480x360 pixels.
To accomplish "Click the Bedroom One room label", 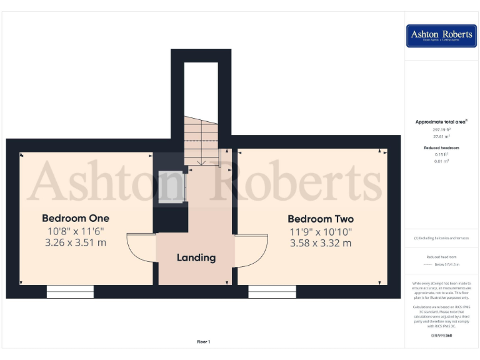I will click(x=76, y=218).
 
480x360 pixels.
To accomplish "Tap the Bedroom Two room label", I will click(x=321, y=219).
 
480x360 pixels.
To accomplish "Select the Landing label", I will click(x=196, y=257).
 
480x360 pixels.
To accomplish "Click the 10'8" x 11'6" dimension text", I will click(x=76, y=231).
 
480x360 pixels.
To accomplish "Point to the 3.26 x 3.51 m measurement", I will click(x=76, y=242).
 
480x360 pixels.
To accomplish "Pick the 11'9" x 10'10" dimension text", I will click(x=321, y=231).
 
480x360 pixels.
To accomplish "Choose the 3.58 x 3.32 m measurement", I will click(x=321, y=243).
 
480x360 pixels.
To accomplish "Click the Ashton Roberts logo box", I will click(x=441, y=36).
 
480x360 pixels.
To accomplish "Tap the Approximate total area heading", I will click(x=441, y=122).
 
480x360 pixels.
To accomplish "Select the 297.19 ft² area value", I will click(x=441, y=129).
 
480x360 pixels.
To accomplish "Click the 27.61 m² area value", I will click(x=441, y=136).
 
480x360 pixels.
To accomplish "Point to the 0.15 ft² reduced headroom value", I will click(x=441, y=154).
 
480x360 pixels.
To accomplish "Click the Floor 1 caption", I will click(x=204, y=341).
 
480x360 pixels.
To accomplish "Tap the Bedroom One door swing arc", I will click(x=140, y=248).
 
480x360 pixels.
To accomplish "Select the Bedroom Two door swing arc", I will click(x=252, y=250).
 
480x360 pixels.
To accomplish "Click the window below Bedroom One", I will click(x=70, y=292).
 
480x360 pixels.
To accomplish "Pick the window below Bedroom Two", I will click(x=272, y=292).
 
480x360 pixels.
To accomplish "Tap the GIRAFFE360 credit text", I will click(x=441, y=336).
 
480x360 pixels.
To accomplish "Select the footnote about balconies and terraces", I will click(x=441, y=238).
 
